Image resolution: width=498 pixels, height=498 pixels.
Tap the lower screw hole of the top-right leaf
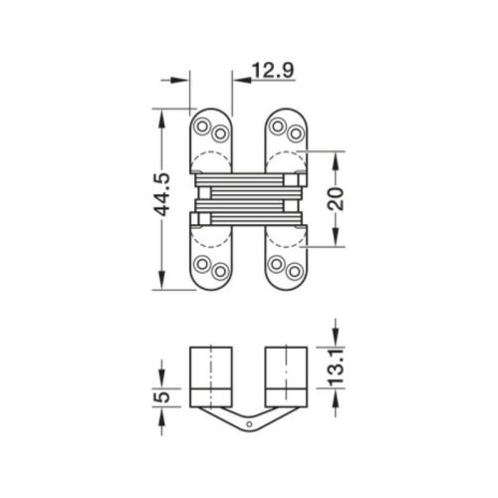pyautogui.click(x=294, y=132)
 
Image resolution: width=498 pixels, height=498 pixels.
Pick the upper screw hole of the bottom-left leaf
pyautogui.click(x=203, y=264)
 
